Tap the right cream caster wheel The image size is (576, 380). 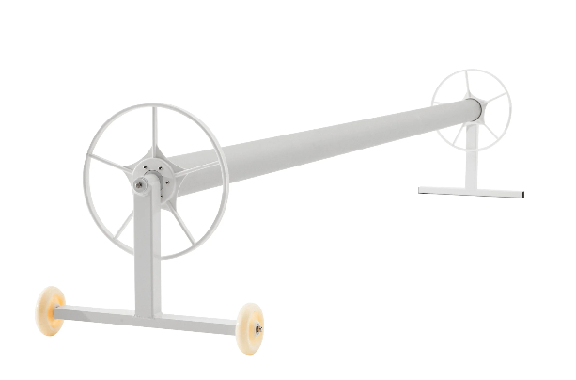point(250,327)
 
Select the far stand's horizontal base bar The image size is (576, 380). point(470,192)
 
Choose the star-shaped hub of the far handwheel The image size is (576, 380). point(473,107)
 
